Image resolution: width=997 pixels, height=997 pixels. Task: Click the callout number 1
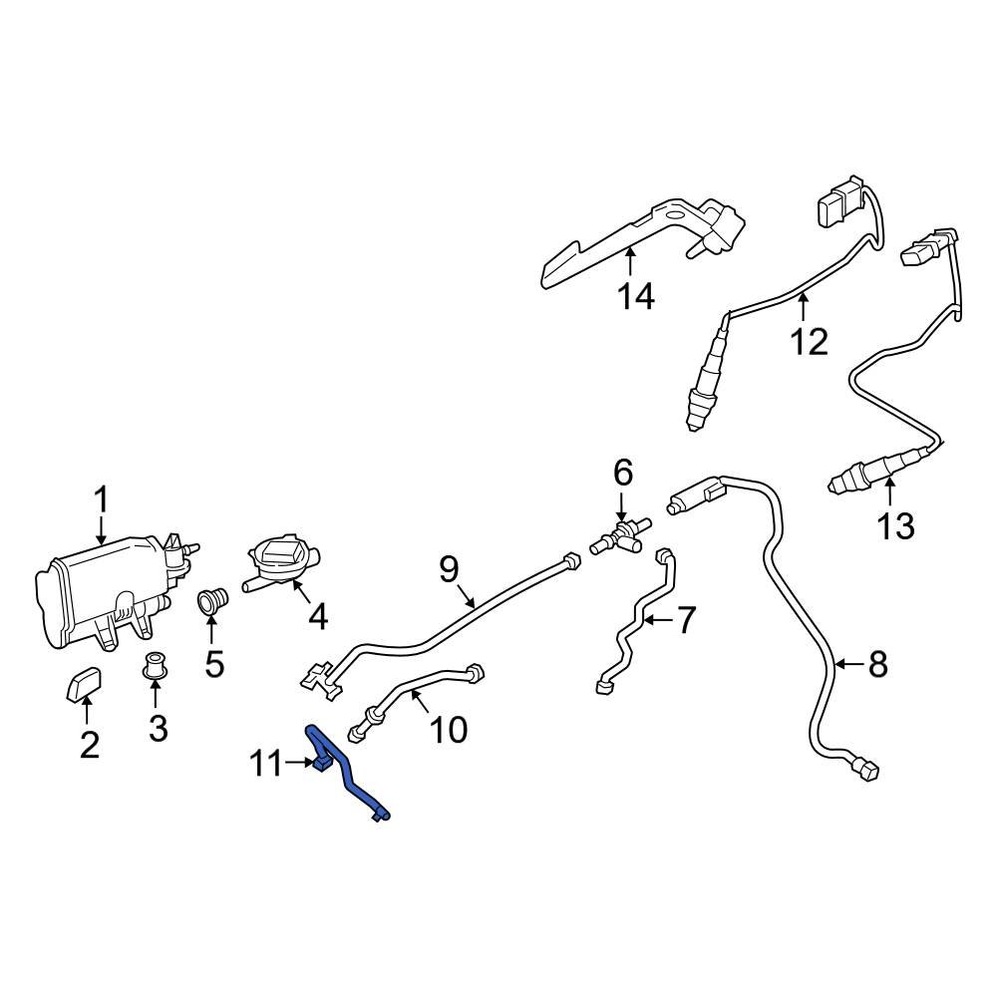pyautogui.click(x=102, y=498)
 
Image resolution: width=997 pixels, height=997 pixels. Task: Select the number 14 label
pyautogui.click(x=634, y=296)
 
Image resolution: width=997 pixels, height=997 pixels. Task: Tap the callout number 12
pyautogui.click(x=809, y=341)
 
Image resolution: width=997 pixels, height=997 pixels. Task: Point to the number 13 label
pyautogui.click(x=896, y=524)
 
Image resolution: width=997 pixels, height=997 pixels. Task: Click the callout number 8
pyautogui.click(x=877, y=665)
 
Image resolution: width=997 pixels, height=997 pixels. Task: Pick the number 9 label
pyautogui.click(x=449, y=569)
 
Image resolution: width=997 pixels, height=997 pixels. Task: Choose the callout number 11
pyautogui.click(x=266, y=765)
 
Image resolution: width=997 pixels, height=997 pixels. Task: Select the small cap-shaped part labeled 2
pyautogui.click(x=86, y=686)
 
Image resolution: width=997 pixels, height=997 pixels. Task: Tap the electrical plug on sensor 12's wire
pyautogui.click(x=834, y=205)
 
